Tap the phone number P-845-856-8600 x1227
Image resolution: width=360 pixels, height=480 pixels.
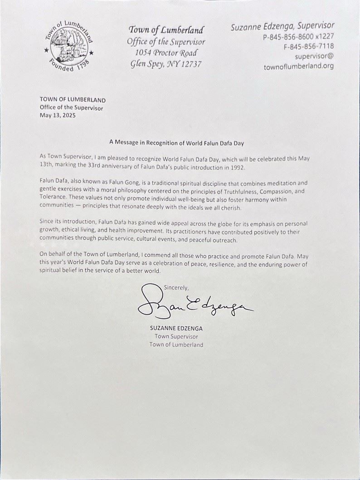[x=298, y=38]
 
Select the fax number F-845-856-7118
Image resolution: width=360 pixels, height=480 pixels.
[x=309, y=47]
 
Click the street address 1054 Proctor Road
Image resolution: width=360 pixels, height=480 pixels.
[x=165, y=53]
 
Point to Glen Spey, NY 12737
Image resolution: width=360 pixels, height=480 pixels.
[x=165, y=64]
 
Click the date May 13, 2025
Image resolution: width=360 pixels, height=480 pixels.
[x=58, y=115]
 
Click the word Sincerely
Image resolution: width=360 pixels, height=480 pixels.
[x=176, y=287]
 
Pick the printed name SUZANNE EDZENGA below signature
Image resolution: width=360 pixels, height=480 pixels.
[x=176, y=328]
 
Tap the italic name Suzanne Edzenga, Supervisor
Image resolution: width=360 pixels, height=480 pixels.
[x=282, y=26]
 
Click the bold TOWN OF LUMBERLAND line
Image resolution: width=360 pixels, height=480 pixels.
[x=73, y=100]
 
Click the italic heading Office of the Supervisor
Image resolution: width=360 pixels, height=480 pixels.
[x=165, y=42]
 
